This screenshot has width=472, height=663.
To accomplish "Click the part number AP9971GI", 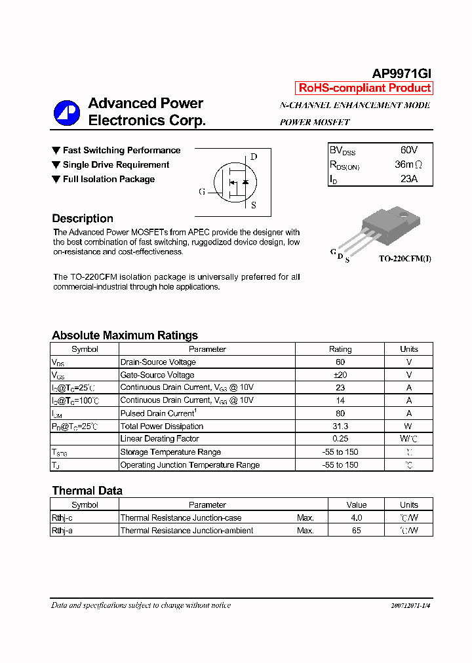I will (x=401, y=74).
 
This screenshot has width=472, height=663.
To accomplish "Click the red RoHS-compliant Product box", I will (x=364, y=88).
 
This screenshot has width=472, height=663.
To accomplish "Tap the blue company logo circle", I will (x=66, y=113).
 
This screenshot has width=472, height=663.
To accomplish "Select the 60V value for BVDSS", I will (x=408, y=150).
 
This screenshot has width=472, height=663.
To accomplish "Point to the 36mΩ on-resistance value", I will (x=408, y=164).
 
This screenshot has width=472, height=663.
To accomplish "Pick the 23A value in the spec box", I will (x=408, y=179).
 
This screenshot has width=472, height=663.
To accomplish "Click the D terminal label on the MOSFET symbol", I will (x=254, y=157).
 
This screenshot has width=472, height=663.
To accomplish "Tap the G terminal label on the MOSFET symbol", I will (x=202, y=192).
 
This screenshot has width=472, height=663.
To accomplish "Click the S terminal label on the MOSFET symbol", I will (x=254, y=205).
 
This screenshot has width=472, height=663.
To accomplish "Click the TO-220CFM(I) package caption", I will (x=404, y=259).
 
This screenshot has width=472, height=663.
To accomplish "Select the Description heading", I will (x=83, y=219).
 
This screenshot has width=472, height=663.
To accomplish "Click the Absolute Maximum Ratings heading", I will (x=125, y=335).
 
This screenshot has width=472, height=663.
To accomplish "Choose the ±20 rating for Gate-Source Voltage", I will (x=340, y=375).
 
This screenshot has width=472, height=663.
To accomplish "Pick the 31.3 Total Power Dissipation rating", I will (x=340, y=426).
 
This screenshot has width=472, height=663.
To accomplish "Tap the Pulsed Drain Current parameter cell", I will (x=158, y=413).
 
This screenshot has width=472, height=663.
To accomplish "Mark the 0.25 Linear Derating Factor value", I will (x=340, y=439).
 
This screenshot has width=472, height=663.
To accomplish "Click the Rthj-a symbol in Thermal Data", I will (x=62, y=531).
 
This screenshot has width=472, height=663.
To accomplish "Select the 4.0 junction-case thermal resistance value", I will (x=356, y=518).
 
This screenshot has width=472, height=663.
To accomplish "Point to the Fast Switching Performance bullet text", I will (x=121, y=151).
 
